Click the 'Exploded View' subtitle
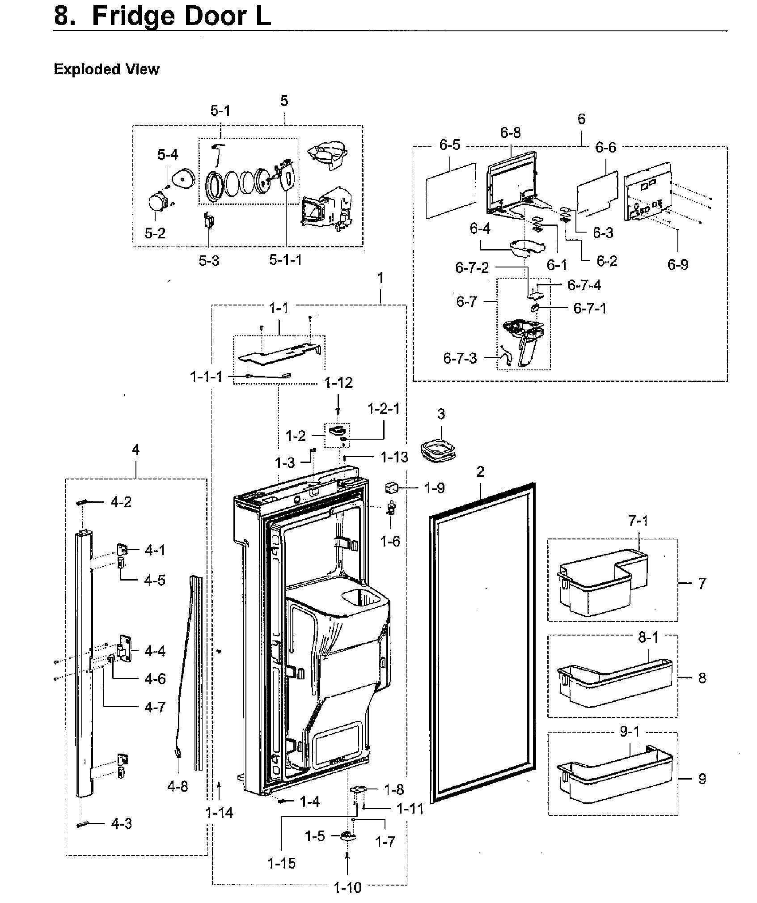point(106,69)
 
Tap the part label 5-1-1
point(285,260)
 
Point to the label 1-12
point(338,383)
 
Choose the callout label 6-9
point(678,264)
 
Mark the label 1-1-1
point(206,377)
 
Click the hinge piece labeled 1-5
point(347,836)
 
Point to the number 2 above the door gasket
point(480,472)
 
